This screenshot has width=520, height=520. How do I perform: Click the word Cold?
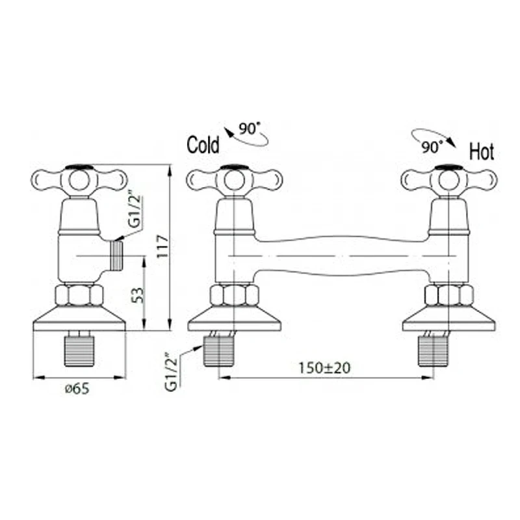(203, 144)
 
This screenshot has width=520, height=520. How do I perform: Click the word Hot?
(482, 151)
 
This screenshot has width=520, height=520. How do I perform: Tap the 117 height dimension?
(162, 246)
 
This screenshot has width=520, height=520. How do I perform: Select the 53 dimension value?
(138, 295)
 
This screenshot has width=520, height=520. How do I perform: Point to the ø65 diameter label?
(77, 388)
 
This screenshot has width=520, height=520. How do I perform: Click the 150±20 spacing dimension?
(324, 368)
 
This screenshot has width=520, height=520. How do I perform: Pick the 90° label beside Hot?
(432, 147)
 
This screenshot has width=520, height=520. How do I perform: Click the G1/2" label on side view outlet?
(135, 211)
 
